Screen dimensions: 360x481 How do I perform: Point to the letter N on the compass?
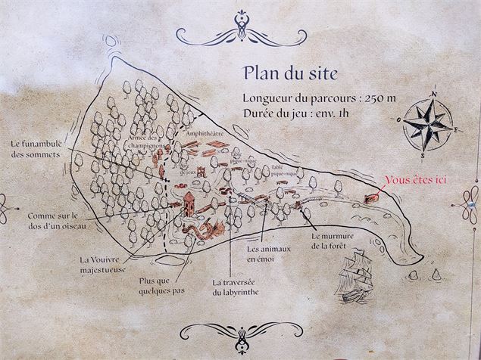(x=435, y=95)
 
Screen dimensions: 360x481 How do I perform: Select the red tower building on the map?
(x=188, y=202)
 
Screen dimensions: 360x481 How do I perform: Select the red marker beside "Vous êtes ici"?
(x=371, y=197)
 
